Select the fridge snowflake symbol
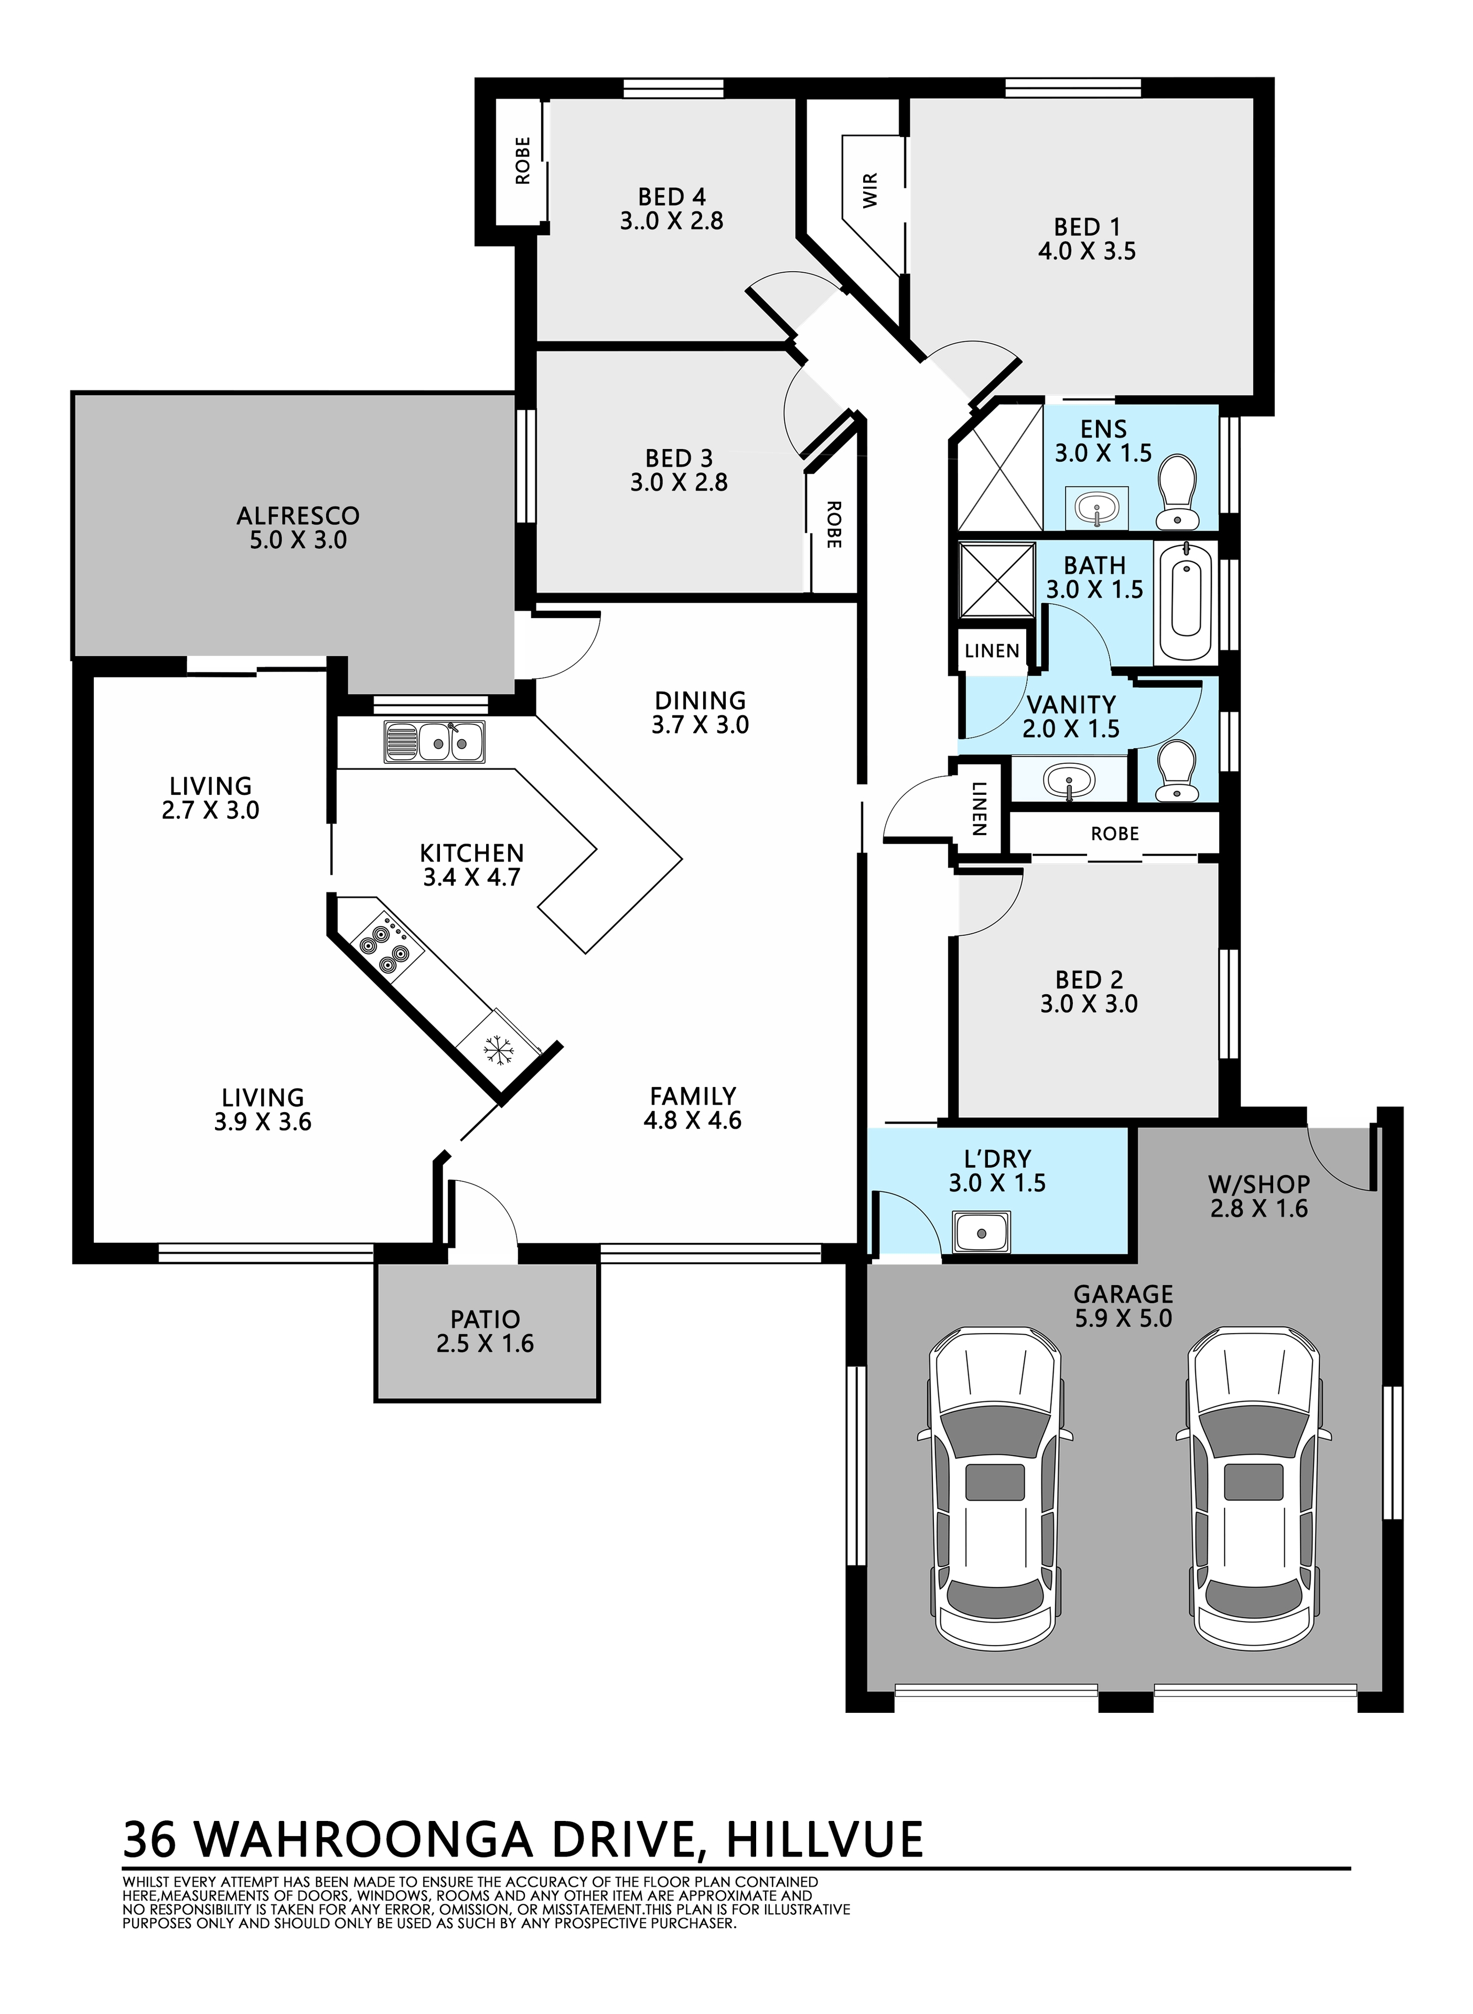pyautogui.click(x=499, y=1052)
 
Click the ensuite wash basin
pyautogui.click(x=1096, y=508)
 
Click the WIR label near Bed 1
pyautogui.click(x=871, y=190)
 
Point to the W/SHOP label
pyautogui.click(x=1259, y=1185)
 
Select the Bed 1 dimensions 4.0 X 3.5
pyautogui.click(x=1087, y=251)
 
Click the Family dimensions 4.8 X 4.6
pyautogui.click(x=693, y=1120)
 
